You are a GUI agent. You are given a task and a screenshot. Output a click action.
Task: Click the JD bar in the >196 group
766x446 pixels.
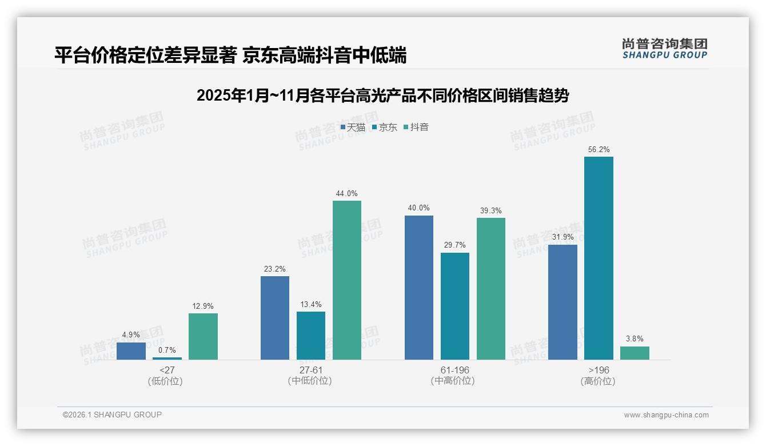point(599,258)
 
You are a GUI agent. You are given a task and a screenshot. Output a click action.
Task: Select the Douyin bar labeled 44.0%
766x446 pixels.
point(347,280)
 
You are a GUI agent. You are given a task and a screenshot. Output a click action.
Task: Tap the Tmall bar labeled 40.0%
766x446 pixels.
point(418,288)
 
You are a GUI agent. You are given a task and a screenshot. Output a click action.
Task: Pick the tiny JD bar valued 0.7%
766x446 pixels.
point(167,358)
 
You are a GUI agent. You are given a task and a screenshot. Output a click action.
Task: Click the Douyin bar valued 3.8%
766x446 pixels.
point(635,353)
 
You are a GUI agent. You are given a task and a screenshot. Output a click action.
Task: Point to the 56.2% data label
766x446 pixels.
point(599,150)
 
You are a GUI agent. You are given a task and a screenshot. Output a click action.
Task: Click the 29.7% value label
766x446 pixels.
point(454,245)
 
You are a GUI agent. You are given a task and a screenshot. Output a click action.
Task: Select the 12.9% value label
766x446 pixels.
point(203,306)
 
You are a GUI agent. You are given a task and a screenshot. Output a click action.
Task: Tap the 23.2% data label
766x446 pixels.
point(275,269)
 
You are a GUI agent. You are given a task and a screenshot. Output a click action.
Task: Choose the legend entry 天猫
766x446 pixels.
point(353,128)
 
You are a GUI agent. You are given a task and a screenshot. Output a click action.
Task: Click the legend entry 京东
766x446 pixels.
point(385,128)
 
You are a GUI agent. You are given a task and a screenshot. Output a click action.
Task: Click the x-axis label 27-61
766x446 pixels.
point(311,370)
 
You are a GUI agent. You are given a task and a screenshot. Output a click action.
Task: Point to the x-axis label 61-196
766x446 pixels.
point(454,370)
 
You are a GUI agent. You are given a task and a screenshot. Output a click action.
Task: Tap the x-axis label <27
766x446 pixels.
point(167,370)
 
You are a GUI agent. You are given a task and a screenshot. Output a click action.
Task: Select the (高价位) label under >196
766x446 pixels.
point(598,381)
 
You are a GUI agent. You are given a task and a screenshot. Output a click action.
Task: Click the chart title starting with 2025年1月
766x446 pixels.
point(382,95)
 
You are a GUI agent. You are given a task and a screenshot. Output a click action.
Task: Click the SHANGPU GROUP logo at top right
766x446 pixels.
point(664,49)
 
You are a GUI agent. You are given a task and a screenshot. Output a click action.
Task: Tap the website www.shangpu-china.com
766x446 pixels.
point(666,415)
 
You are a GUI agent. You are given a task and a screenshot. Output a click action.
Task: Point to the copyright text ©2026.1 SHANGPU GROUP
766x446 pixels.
point(112,415)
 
